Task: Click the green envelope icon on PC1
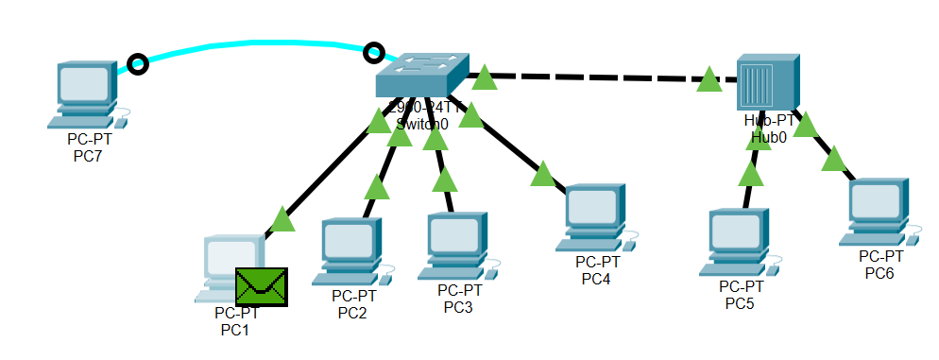tap(261, 286)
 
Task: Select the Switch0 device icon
tap(421, 75)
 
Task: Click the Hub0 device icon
tap(767, 82)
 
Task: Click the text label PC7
tap(87, 156)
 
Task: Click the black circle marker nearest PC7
tap(138, 64)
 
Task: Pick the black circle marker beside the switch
tap(374, 52)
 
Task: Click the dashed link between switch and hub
tap(595, 77)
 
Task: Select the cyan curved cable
tap(255, 43)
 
